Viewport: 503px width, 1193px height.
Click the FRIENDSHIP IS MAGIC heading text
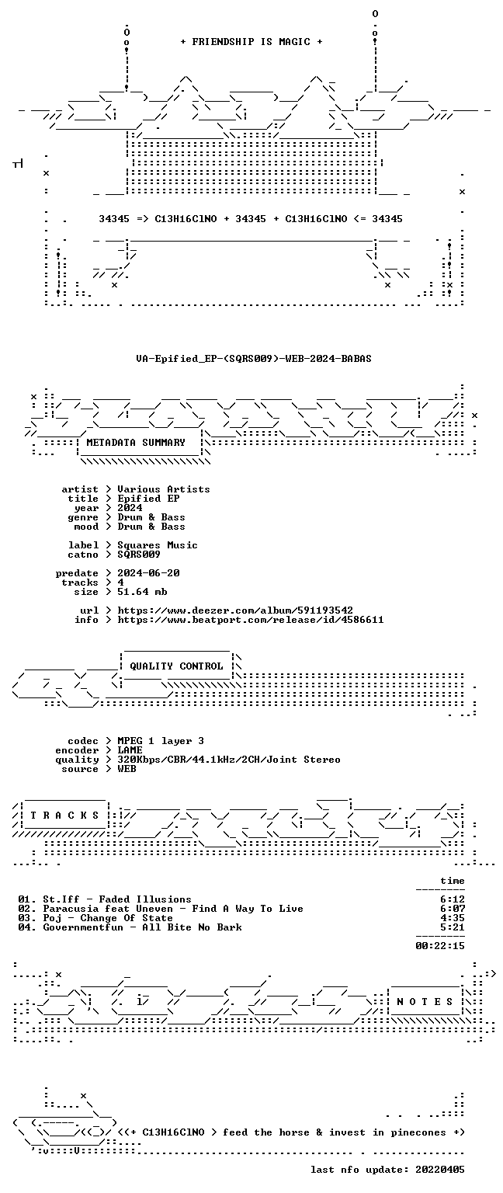(251, 42)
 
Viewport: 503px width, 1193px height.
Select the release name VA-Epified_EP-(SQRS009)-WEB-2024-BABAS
(253, 359)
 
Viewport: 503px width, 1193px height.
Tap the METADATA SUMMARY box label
(136, 443)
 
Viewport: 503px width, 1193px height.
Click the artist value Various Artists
(164, 489)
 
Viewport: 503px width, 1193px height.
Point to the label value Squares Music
(158, 545)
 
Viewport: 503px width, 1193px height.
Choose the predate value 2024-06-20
(148, 573)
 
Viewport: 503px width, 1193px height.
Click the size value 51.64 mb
(142, 592)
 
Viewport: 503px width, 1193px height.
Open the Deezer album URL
(235, 610)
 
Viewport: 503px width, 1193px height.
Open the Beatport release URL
(251, 620)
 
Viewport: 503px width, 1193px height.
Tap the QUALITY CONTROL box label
(176, 666)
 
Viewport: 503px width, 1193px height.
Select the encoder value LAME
(130, 750)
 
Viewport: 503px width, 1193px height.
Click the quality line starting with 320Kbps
(229, 760)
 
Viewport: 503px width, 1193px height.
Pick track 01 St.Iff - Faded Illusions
(104, 899)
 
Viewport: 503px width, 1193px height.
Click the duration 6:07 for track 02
(453, 910)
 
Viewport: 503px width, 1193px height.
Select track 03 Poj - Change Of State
(95, 918)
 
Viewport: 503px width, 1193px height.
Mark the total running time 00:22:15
(440, 947)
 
